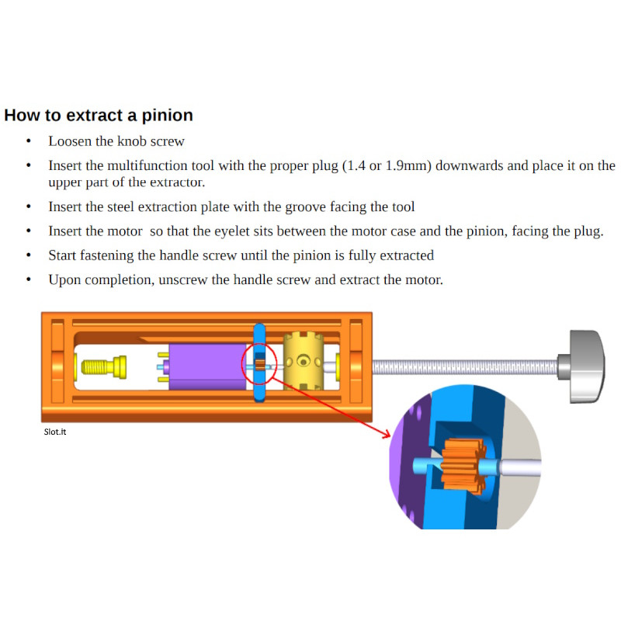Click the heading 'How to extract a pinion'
99,115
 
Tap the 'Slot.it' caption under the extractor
55,432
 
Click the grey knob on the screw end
582,366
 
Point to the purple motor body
207,366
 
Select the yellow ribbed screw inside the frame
104,366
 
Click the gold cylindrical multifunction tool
304,361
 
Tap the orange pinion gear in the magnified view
463,467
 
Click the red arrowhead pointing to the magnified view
386,434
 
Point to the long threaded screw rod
465,367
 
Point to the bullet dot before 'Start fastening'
29,255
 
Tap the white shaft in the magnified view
519,467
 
